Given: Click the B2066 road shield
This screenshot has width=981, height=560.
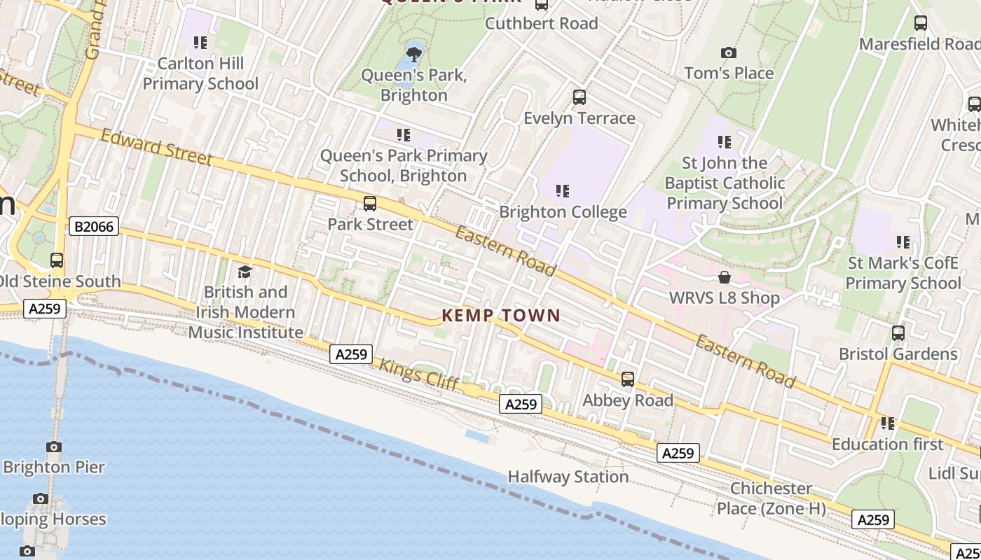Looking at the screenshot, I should click(95, 226).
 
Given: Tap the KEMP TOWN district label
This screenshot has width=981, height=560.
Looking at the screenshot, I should click(501, 316).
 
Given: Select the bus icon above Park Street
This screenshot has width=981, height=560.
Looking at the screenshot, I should click(369, 204).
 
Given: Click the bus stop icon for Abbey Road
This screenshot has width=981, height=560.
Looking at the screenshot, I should click(628, 379).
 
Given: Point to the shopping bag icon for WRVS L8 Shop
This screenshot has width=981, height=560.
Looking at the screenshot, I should click(725, 277).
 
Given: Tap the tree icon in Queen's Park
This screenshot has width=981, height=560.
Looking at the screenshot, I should click(414, 53).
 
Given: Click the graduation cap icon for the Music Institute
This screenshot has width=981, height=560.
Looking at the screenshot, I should click(245, 272).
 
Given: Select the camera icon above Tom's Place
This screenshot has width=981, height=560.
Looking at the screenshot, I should click(729, 52).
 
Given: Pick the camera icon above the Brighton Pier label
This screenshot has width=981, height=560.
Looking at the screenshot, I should click(54, 447).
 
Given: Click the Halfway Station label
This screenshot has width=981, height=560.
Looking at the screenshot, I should click(568, 477).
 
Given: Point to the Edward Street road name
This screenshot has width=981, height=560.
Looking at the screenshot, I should click(156, 147).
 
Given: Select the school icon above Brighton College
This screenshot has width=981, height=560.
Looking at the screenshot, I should click(562, 190).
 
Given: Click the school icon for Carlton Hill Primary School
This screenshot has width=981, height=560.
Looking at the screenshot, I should click(200, 43).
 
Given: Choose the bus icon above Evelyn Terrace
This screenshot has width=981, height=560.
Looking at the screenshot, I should click(579, 97).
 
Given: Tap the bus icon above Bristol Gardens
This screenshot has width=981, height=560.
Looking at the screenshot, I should click(898, 333).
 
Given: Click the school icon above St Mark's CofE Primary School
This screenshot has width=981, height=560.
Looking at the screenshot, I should click(903, 242).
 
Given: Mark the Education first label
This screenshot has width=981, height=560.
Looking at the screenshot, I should click(887, 444).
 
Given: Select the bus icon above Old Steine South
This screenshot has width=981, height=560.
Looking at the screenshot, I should click(57, 260).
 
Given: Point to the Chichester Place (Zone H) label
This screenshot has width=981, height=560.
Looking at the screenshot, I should click(771, 498).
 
